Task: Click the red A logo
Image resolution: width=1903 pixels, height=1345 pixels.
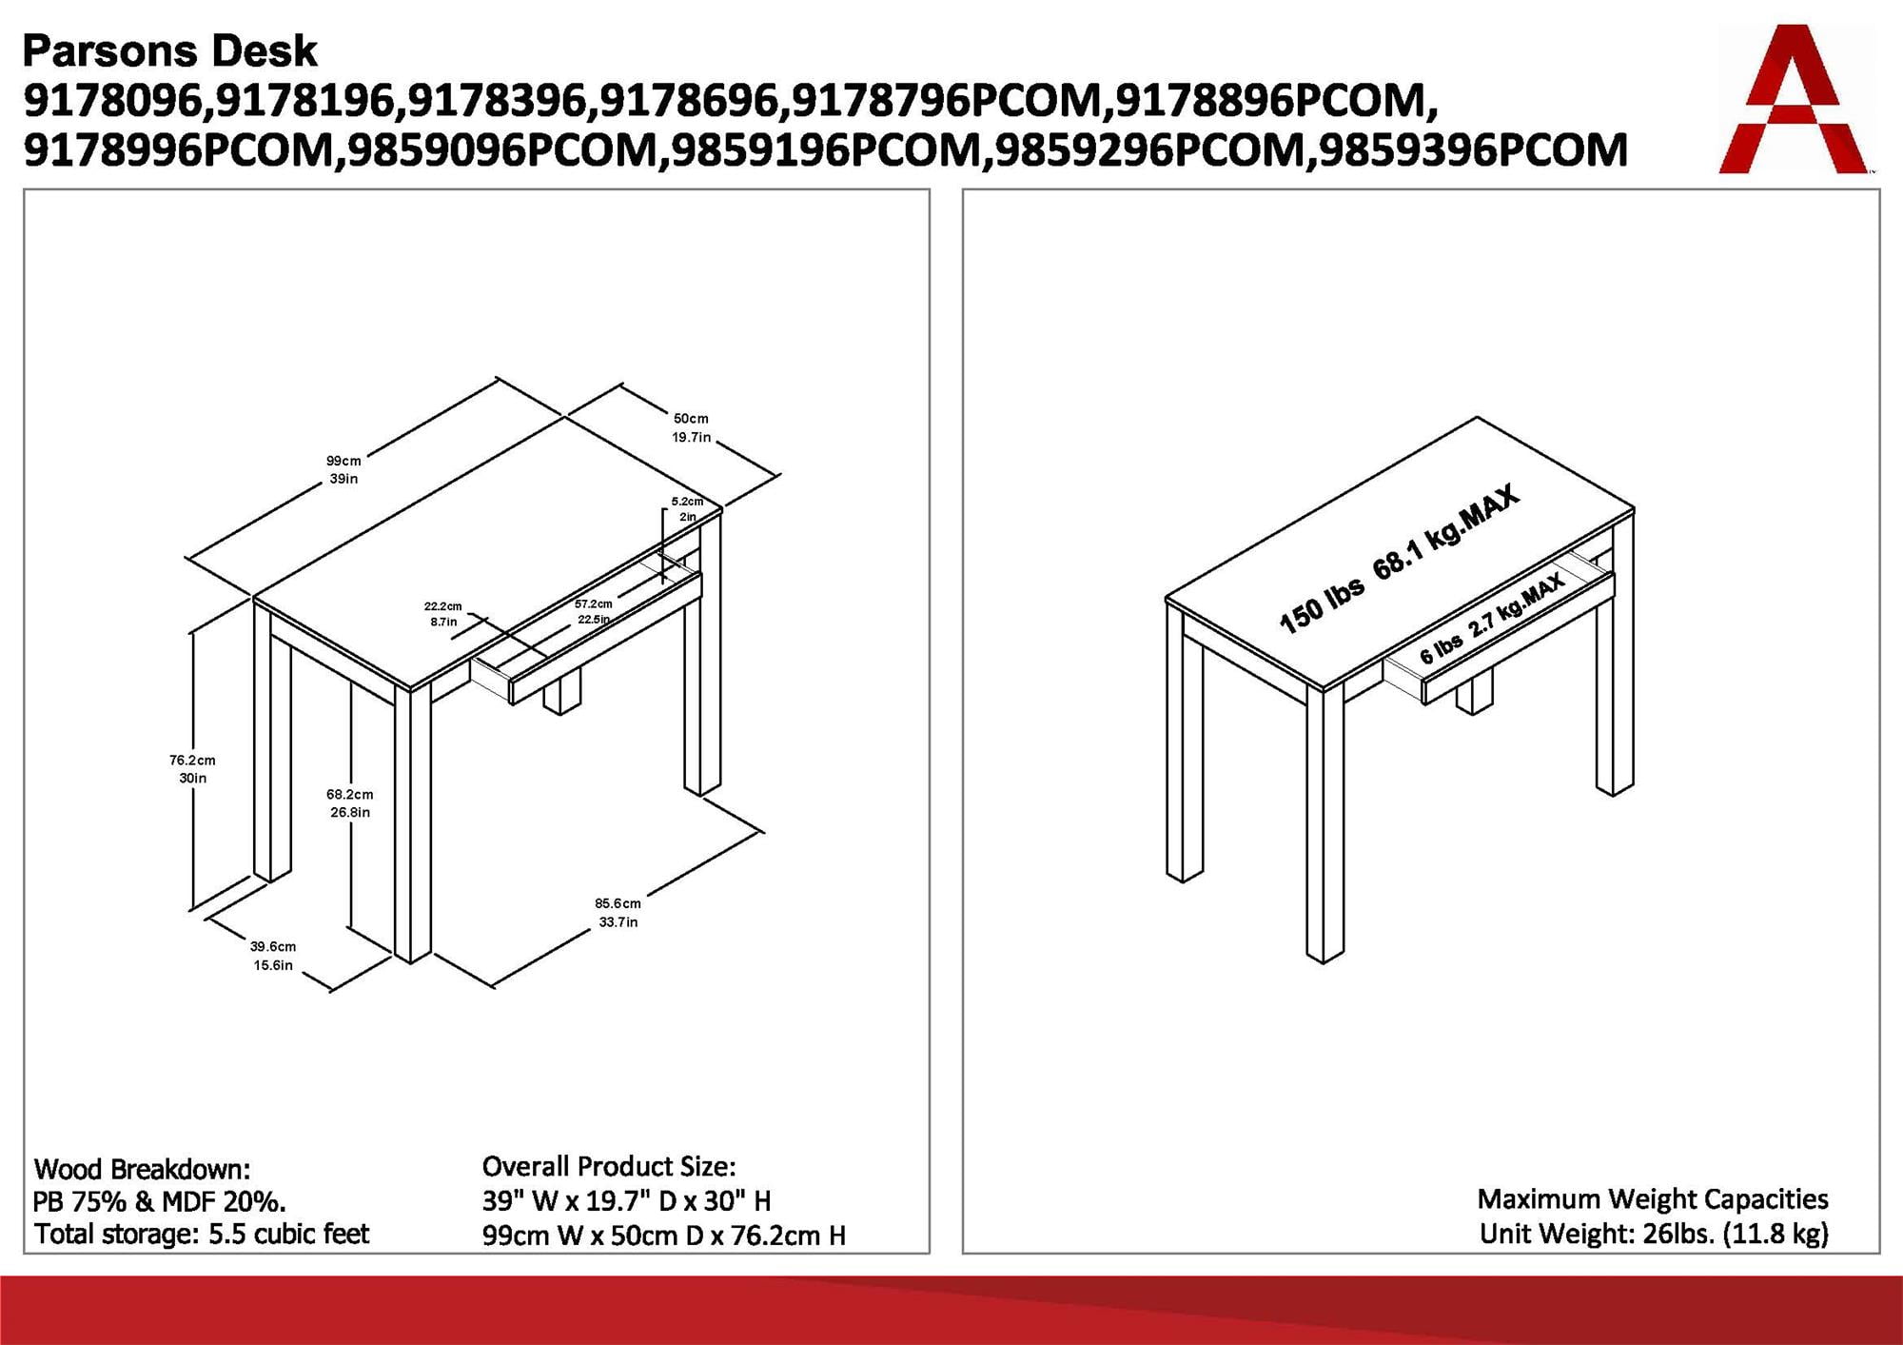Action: point(1793,100)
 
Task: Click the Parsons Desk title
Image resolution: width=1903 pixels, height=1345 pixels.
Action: point(169,50)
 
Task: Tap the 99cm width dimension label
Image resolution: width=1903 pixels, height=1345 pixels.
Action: point(343,469)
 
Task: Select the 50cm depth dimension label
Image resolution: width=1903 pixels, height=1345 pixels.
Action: point(691,427)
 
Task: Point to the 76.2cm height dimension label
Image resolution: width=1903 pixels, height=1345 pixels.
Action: point(192,769)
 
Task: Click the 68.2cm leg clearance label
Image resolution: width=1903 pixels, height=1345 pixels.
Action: point(349,802)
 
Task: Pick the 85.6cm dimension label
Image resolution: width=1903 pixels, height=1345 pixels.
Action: point(618,912)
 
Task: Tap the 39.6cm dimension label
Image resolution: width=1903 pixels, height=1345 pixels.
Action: point(273,956)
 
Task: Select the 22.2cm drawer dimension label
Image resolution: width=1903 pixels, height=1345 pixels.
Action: point(443,614)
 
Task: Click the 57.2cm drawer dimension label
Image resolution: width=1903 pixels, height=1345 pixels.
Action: point(594,611)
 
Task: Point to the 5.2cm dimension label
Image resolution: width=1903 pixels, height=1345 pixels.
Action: point(687,508)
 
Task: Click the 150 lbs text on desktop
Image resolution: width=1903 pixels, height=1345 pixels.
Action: point(1321,603)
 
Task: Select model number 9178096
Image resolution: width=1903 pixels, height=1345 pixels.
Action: point(113,101)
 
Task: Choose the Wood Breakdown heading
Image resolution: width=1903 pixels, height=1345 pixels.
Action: point(142,1169)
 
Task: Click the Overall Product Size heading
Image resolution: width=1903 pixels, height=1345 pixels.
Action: point(609,1166)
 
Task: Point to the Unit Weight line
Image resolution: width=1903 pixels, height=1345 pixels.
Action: point(1654,1234)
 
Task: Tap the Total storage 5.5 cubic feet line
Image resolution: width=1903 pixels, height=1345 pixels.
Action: point(202,1234)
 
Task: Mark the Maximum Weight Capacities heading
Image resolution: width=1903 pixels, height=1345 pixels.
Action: point(1653,1198)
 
